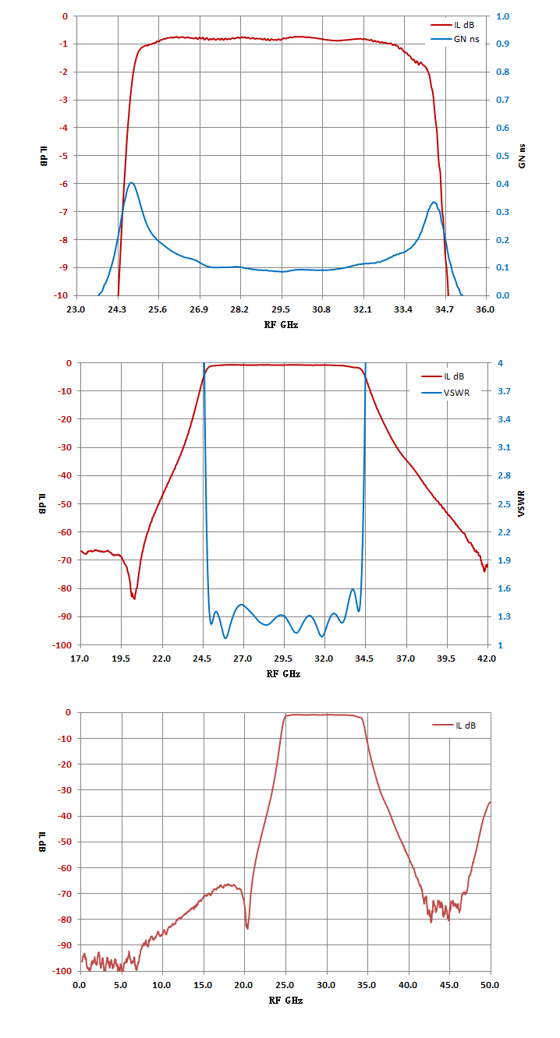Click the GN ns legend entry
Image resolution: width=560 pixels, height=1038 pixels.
455,40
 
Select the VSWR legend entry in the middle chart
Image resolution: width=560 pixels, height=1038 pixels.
445,393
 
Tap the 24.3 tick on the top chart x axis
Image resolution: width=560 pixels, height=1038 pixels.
117,309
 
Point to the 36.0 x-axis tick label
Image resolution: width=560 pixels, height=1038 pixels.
485,309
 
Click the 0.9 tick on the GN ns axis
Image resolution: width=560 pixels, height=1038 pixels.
502,44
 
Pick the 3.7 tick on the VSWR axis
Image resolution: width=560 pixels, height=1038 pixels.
504,391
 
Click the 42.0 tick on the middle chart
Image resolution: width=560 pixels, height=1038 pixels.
487,658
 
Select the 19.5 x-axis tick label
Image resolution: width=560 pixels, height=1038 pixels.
121,658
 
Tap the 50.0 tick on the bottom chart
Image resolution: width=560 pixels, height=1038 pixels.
490,985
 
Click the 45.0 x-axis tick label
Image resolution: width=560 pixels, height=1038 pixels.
449,985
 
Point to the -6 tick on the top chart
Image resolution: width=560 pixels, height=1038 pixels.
63,184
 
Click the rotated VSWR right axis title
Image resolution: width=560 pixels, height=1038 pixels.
521,503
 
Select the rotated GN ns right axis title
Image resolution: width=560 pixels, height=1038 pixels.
522,156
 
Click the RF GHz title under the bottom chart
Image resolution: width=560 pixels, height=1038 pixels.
285,1001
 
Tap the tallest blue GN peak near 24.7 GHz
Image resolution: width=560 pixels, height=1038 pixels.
132,183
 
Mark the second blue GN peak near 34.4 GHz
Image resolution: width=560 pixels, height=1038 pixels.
434,202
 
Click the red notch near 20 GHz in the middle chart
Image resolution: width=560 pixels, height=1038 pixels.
134,598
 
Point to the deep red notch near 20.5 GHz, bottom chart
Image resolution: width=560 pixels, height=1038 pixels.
247,928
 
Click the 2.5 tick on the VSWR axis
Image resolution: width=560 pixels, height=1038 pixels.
504,504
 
